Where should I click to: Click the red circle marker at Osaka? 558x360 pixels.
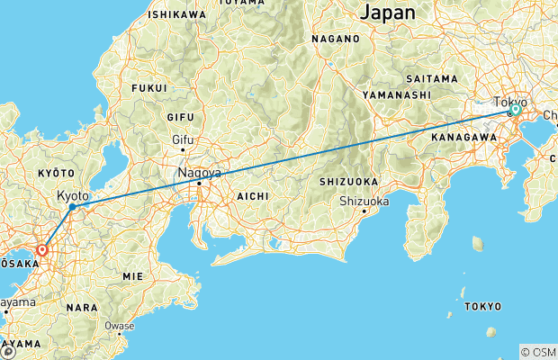pos(42,250)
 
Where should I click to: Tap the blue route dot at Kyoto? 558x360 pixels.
pos(71,207)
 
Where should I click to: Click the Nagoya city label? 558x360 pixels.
pos(200,172)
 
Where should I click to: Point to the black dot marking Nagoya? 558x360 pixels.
pos(199,184)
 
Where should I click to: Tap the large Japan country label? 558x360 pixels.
pos(388,13)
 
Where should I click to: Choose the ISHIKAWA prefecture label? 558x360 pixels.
pos(176,14)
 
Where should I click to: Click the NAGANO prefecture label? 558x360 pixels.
pos(336,40)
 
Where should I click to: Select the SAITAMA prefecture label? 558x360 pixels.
pos(433,79)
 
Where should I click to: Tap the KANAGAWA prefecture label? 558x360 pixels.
pos(464,136)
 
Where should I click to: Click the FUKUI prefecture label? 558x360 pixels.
pos(149,88)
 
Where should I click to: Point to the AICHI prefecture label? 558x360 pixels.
pos(251,195)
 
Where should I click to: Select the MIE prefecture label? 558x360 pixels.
pos(132,275)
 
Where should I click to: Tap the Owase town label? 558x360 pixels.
pos(120,326)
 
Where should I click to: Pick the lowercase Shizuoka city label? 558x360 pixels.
pos(364,201)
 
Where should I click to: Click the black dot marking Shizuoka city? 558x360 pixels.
pos(364,211)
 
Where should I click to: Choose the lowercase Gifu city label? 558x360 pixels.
pos(184,139)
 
